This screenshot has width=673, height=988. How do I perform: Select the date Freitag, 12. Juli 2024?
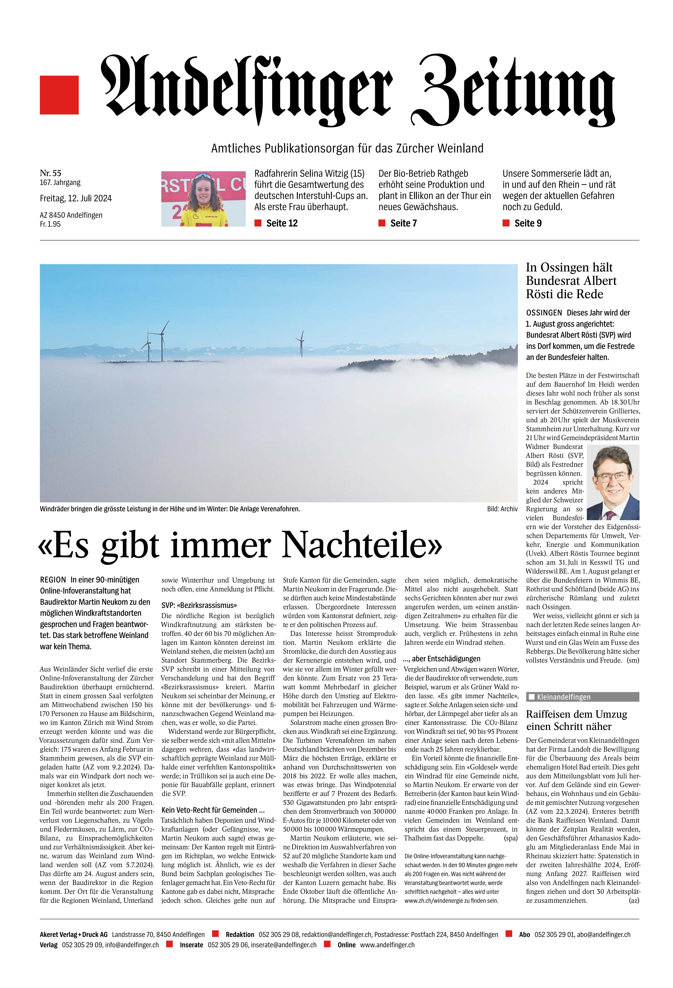76,198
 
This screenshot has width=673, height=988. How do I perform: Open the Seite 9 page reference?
528,223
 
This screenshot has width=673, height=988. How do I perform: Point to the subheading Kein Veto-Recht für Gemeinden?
213,810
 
